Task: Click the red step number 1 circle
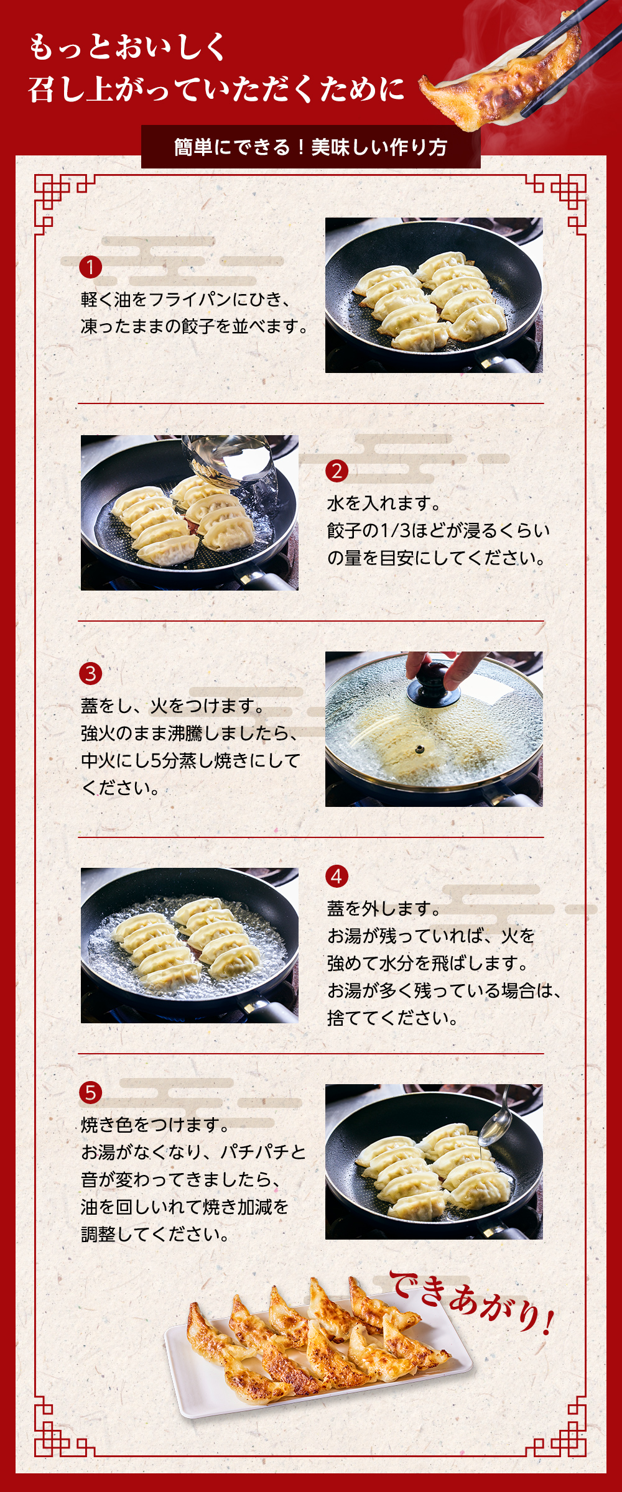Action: tap(90, 267)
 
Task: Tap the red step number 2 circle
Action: tap(337, 471)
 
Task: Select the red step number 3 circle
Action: tap(90, 673)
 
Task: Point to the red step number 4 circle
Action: tap(337, 876)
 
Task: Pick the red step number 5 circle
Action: tap(90, 1093)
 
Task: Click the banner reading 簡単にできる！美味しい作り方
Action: tap(311, 147)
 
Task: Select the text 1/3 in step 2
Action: tap(396, 530)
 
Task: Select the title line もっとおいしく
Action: tap(128, 47)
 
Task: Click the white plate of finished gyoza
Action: tap(317, 1368)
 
